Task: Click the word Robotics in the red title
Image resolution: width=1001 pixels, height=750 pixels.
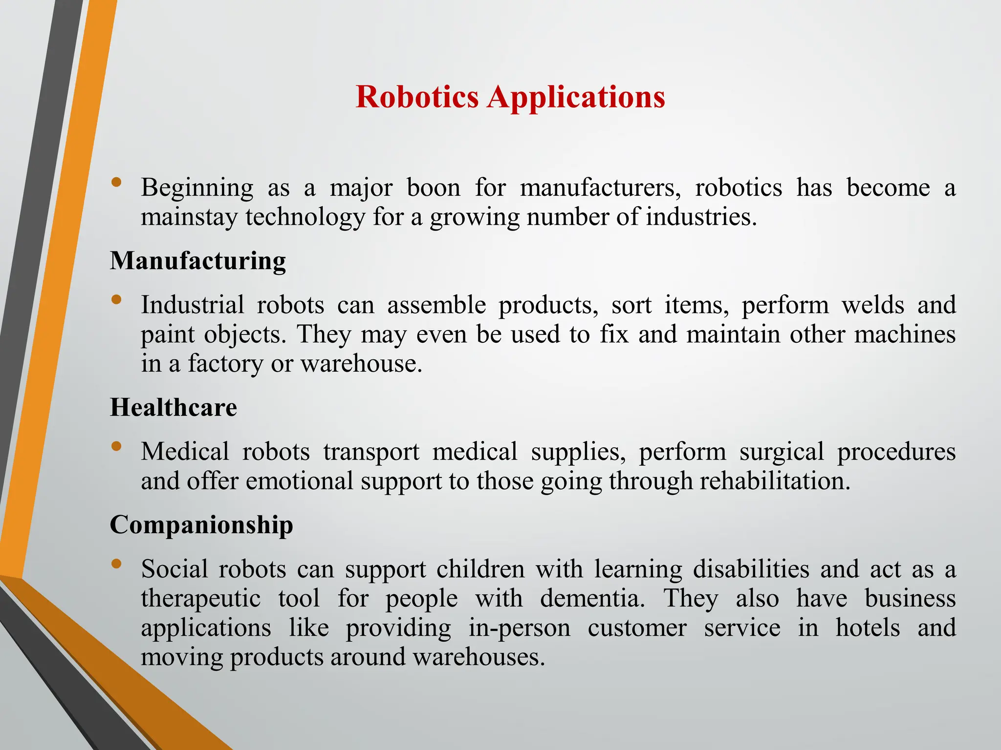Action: click(x=417, y=97)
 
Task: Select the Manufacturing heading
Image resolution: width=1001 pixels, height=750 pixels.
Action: click(x=198, y=261)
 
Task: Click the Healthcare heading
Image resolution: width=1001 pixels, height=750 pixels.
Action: click(x=174, y=407)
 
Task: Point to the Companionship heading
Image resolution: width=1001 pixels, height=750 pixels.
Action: click(x=201, y=525)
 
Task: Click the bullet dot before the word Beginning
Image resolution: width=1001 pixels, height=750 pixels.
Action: click(x=116, y=182)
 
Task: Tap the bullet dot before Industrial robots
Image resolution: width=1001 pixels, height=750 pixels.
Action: click(x=116, y=299)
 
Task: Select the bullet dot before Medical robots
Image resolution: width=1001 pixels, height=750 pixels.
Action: click(x=116, y=446)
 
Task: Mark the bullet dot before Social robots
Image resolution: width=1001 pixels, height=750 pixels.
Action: click(x=116, y=563)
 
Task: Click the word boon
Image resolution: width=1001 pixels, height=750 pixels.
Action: click(x=434, y=188)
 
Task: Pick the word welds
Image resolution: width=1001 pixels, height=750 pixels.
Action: click(x=872, y=305)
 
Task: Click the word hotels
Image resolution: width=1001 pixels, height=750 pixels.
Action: click(x=868, y=628)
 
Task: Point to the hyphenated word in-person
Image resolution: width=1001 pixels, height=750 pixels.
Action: click(x=520, y=629)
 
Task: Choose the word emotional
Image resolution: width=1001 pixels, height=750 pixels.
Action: click(x=300, y=481)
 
